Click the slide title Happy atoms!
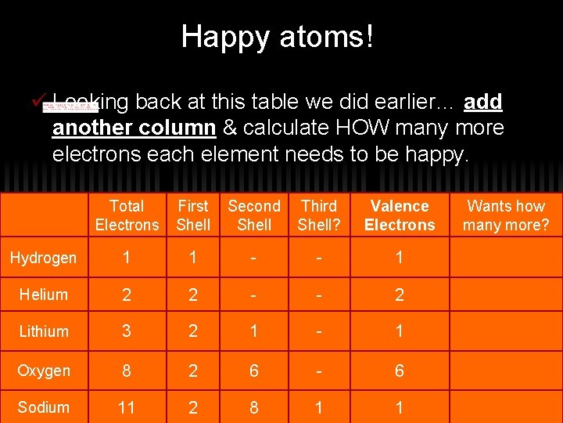point(278,37)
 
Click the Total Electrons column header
point(127,215)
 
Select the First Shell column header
point(193,215)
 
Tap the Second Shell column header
point(254,215)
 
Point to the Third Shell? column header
point(318,215)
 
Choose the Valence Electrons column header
point(400,215)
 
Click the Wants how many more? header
point(506,215)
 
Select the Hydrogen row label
point(43,258)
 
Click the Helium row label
point(43,295)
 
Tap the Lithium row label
point(43,331)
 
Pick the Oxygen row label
point(43,371)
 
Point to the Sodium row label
point(43,407)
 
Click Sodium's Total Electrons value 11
point(127,407)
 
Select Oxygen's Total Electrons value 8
point(127,371)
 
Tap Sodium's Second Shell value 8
point(254,407)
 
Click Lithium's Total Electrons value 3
point(127,331)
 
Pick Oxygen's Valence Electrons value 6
point(400,371)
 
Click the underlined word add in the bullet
point(482,102)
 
